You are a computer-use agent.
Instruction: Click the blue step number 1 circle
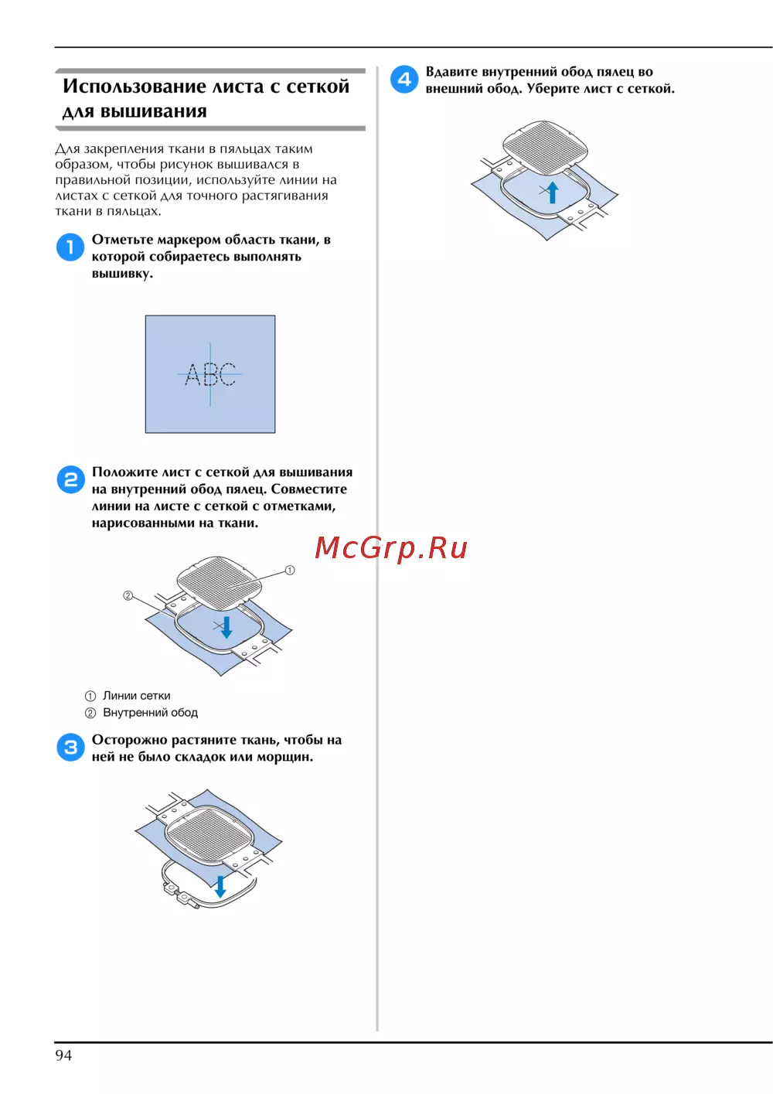[x=70, y=247]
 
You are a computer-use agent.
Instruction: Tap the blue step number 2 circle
[x=71, y=479]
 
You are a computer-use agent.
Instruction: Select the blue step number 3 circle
[x=71, y=747]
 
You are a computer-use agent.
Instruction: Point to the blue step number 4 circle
[x=404, y=79]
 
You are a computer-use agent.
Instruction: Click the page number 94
[x=63, y=1055]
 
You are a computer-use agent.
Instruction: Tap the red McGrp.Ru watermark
[x=390, y=547]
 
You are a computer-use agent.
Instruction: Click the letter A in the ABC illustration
[x=193, y=374]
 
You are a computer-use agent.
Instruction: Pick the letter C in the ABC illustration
[x=228, y=374]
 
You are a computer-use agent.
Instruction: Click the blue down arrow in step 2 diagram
[x=226, y=626]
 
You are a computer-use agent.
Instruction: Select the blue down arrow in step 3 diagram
[x=220, y=887]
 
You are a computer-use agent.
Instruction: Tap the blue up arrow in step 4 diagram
[x=552, y=192]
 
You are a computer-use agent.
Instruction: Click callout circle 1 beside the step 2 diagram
[x=290, y=570]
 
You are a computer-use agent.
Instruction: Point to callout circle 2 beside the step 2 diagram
[x=128, y=595]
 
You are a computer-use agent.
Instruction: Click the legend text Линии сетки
[x=137, y=696]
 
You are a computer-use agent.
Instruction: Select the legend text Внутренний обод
[x=151, y=713]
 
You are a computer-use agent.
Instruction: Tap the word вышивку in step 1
[x=122, y=274]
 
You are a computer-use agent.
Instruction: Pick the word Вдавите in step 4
[x=451, y=72]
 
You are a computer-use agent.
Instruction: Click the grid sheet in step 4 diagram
[x=546, y=148]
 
